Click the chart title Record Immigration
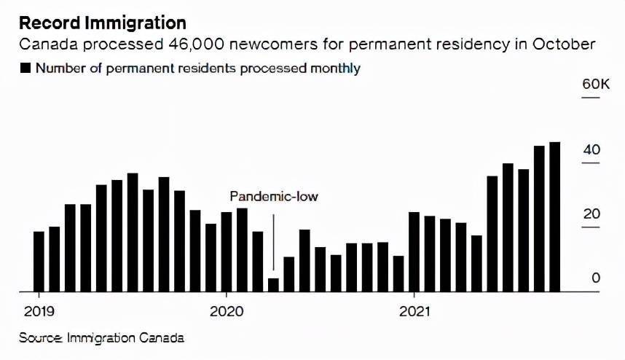(102, 23)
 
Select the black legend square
(25, 69)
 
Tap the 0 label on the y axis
(596, 278)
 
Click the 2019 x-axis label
(38, 312)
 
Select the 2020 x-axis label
(226, 312)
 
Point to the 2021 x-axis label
(414, 312)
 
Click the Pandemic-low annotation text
(274, 197)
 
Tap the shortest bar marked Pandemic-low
(274, 285)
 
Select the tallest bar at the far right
(555, 217)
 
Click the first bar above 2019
(39, 262)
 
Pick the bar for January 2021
(414, 252)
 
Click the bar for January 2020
(227, 252)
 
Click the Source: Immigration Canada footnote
(101, 338)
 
